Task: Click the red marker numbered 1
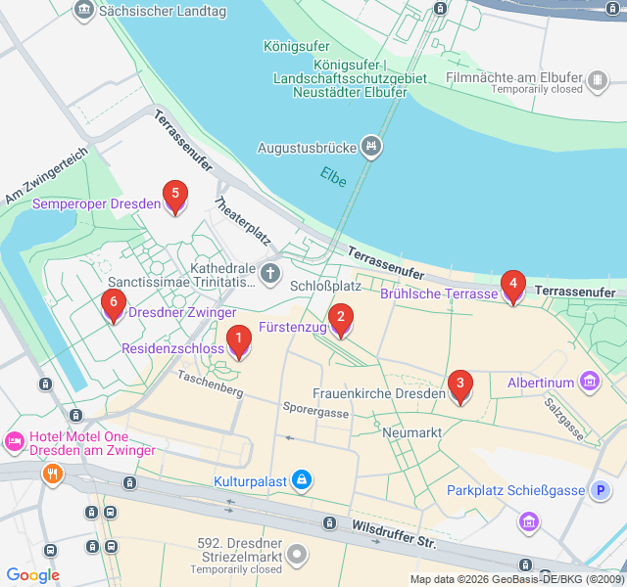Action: [x=237, y=340]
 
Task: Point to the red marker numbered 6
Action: [x=114, y=305]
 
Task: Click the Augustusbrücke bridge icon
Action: [x=371, y=148]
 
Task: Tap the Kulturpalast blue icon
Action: [x=303, y=480]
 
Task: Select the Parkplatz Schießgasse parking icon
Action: [x=601, y=490]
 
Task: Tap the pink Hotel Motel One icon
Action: [x=15, y=441]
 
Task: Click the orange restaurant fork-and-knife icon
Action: [x=52, y=474]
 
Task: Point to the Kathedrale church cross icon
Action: [x=270, y=272]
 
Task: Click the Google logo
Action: [x=32, y=575]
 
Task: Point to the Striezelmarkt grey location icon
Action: [x=298, y=555]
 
